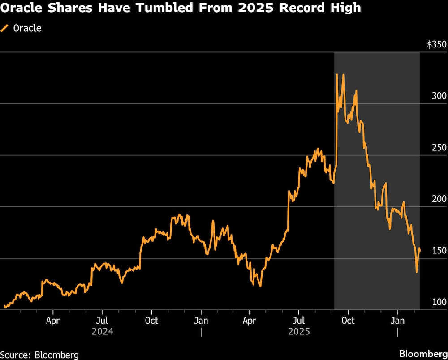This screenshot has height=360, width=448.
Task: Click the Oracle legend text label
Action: tap(27, 28)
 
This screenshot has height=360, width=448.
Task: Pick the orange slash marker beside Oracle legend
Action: tap(5, 28)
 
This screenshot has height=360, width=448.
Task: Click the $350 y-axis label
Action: tap(437, 45)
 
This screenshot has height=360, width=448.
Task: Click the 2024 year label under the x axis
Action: tap(102, 332)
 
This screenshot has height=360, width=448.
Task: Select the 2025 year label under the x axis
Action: tap(299, 332)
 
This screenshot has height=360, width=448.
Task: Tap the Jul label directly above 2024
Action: tap(102, 321)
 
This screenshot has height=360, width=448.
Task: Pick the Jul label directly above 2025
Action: tap(299, 321)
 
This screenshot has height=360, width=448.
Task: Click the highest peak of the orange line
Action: tap(337, 74)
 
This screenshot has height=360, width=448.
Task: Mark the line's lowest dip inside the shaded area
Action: tap(417, 272)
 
